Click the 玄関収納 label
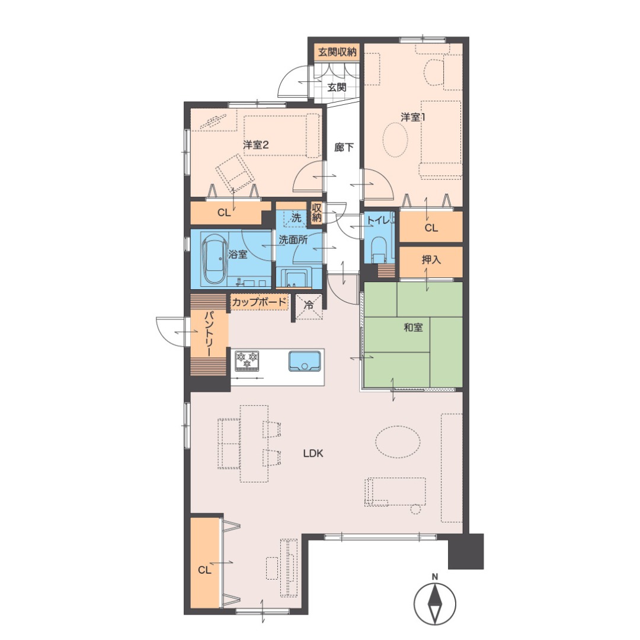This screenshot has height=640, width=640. click(x=337, y=52)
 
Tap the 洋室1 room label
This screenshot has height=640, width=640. click(x=412, y=117)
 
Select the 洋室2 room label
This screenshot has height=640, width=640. click(x=255, y=145)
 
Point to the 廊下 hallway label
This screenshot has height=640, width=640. click(x=344, y=147)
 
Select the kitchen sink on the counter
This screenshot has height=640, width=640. click(x=305, y=361)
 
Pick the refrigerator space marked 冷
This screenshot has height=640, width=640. click(x=309, y=306)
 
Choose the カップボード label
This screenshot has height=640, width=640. click(x=259, y=302)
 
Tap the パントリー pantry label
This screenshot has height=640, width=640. click(x=209, y=334)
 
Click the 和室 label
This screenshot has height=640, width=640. click(x=413, y=327)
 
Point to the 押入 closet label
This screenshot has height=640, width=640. click(x=431, y=260)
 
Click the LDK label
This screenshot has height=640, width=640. click(x=313, y=453)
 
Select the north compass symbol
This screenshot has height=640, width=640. click(x=435, y=603)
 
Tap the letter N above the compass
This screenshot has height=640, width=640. click(x=435, y=577)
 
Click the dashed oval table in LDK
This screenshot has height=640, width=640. click(x=398, y=442)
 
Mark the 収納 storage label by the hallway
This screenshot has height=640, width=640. click(x=316, y=212)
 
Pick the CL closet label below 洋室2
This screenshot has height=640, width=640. click(x=223, y=213)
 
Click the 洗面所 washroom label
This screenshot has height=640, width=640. click(x=293, y=239)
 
